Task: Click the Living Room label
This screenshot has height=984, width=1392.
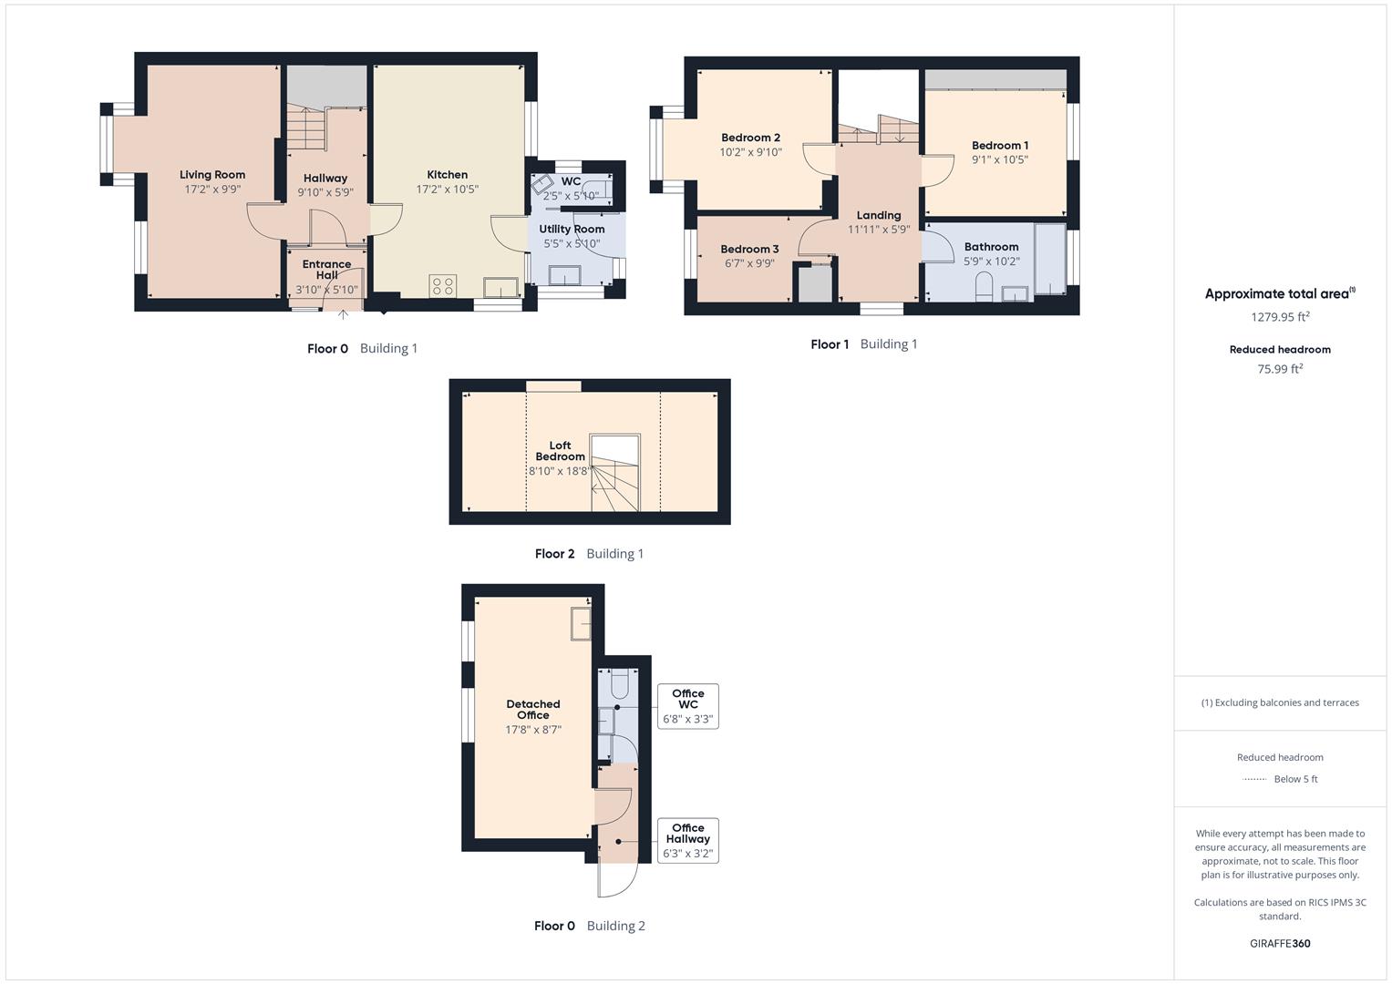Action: [211, 175]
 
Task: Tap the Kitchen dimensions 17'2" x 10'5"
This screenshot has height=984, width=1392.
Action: [447, 190]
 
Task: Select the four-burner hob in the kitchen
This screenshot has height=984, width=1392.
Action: [443, 286]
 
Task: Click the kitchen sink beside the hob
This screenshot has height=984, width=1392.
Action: [501, 287]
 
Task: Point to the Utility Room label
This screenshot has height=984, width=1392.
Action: [572, 230]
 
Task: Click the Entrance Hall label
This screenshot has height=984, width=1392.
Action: [326, 270]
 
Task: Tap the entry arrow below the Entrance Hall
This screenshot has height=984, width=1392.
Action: [343, 314]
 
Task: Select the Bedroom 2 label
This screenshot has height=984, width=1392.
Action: [750, 138]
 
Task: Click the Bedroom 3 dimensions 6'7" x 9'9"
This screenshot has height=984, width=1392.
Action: [749, 263]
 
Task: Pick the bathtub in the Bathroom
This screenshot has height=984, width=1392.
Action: [1049, 259]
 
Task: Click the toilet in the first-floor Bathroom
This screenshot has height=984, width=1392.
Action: [984, 289]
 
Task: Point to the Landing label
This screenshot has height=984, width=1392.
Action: [878, 216]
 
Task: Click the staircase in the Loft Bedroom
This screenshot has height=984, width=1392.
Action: [616, 473]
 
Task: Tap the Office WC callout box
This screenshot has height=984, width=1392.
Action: [687, 706]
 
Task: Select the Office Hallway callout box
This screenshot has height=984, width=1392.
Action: [687, 841]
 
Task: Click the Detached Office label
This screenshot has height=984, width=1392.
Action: [533, 710]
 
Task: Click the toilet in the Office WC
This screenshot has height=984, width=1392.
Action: [619, 683]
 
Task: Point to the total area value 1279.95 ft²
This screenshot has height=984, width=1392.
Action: [1280, 318]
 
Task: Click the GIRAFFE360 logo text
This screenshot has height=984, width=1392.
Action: [1280, 944]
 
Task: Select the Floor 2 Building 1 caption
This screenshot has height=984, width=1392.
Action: [589, 554]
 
